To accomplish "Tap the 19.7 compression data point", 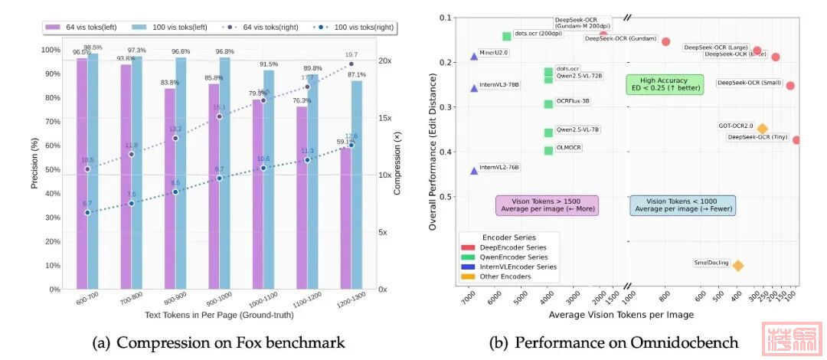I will [x=351, y=64].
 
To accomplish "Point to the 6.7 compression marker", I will [x=87, y=212].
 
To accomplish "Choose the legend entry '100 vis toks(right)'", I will [x=353, y=26].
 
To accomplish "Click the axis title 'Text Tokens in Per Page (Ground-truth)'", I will [x=219, y=316].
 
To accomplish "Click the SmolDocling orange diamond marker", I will [x=738, y=265].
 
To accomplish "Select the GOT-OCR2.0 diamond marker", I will [x=762, y=129].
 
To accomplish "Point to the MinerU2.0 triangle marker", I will [x=474, y=56].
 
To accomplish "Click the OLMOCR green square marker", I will [x=548, y=150].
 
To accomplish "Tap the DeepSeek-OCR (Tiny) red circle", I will [x=796, y=140].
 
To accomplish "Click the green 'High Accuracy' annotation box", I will [x=664, y=84].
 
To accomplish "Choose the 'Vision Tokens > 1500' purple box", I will [x=547, y=205].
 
